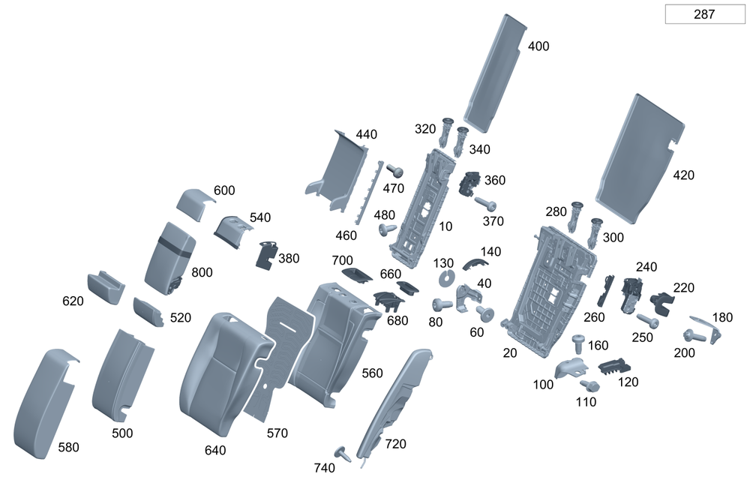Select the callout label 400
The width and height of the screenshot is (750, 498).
(538, 46)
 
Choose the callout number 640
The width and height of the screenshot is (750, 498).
(214, 451)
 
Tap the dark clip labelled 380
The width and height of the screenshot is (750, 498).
(266, 255)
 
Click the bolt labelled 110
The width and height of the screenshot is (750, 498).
(589, 386)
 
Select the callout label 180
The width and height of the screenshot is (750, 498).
(722, 317)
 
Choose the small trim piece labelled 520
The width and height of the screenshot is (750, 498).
(148, 311)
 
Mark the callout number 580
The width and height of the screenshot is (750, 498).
(68, 448)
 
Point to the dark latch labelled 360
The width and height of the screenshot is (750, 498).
(471, 182)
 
